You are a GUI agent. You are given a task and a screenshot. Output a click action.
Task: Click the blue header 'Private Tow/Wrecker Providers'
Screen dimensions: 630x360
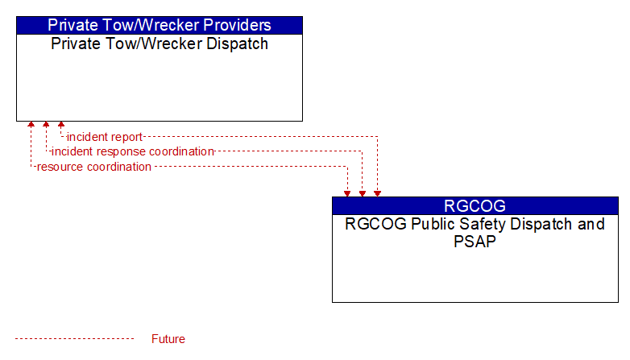point(160,25)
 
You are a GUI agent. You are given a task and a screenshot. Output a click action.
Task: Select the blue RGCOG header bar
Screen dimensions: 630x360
point(475,205)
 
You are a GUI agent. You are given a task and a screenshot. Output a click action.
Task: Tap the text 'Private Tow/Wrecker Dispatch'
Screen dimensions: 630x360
point(160,43)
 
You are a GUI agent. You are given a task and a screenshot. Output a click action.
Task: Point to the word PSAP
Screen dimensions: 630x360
point(475,241)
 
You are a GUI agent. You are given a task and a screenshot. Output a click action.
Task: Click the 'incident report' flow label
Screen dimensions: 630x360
point(105,137)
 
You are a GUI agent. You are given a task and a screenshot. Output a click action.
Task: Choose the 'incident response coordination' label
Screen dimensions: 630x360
point(133,151)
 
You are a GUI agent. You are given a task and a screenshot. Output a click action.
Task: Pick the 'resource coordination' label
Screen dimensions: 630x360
point(94,167)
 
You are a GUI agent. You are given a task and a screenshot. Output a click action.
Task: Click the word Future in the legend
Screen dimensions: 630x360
point(168,339)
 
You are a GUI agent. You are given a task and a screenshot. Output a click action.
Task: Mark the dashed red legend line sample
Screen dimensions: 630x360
point(74,339)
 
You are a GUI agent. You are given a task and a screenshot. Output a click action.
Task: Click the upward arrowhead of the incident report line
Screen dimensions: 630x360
point(61,125)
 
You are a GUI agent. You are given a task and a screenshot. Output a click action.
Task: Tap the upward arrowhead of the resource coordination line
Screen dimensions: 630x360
point(31,125)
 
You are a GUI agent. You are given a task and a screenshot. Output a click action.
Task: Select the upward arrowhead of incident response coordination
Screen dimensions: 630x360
point(46,125)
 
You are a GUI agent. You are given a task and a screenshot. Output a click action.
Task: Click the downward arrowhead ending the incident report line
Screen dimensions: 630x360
point(377,193)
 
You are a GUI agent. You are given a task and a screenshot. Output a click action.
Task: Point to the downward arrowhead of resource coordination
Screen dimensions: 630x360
point(347,193)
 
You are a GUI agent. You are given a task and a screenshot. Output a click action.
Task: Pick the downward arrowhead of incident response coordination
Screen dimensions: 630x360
point(363,193)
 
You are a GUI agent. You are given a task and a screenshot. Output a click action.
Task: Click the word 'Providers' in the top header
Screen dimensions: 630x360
point(237,25)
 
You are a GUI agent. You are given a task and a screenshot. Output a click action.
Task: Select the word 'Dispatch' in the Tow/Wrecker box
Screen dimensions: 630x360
point(237,43)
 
